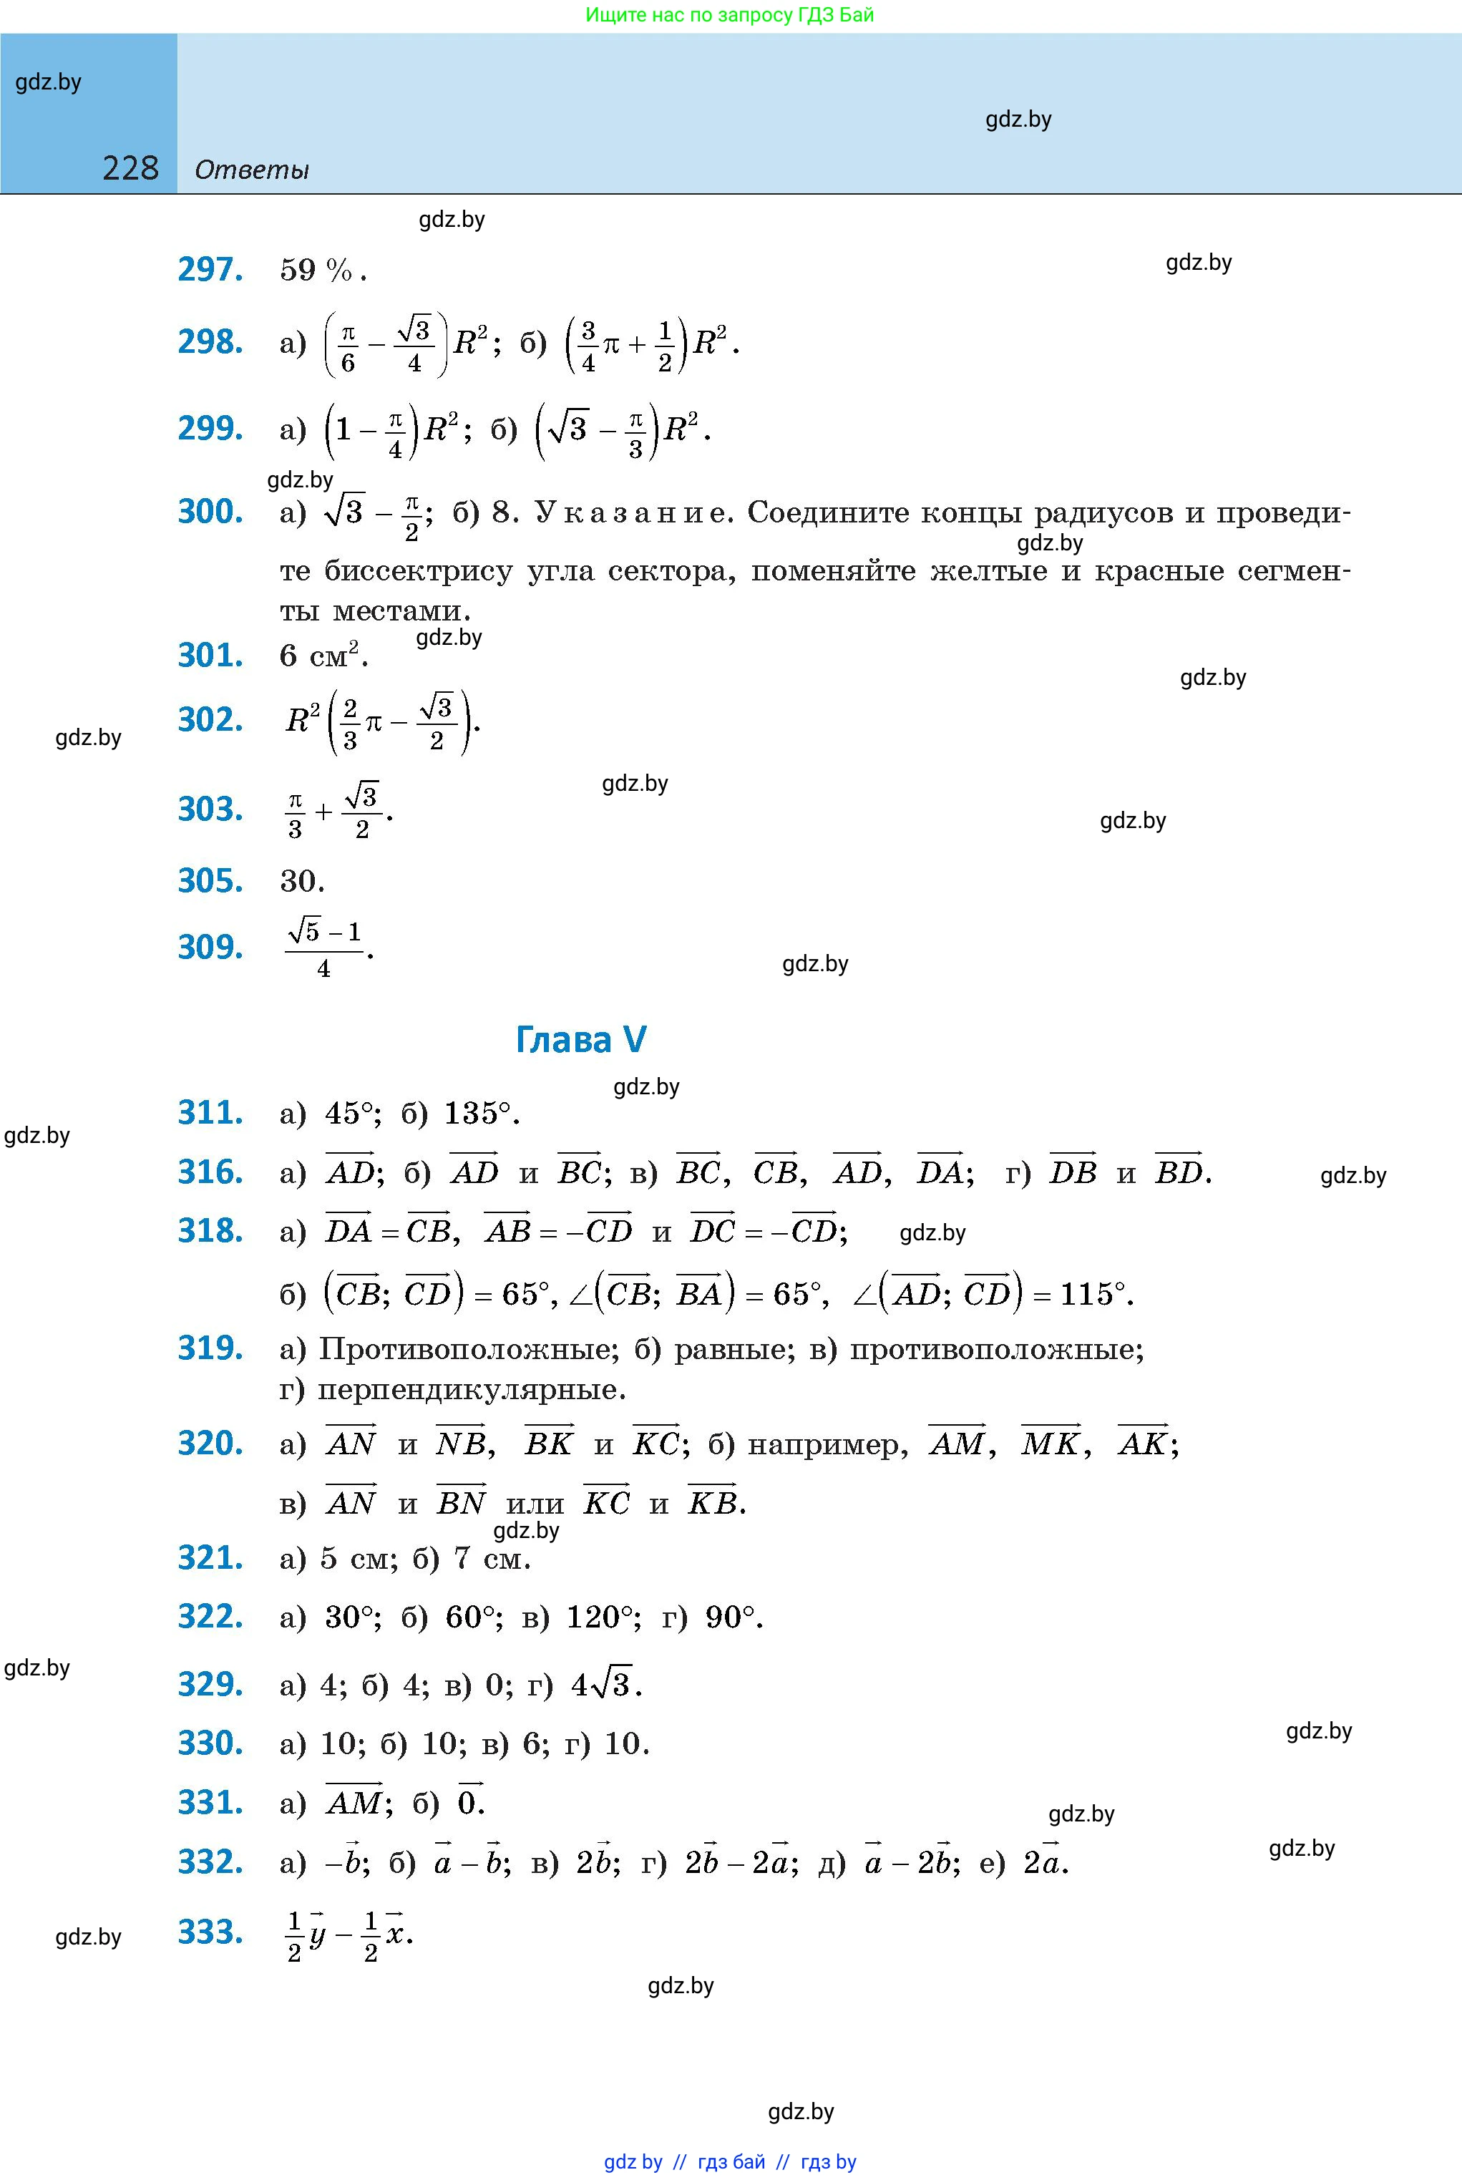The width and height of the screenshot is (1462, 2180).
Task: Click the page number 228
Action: (130, 168)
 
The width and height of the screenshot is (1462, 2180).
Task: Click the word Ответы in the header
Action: (252, 170)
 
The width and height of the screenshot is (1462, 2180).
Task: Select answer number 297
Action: (210, 270)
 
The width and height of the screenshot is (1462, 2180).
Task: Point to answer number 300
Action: (210, 511)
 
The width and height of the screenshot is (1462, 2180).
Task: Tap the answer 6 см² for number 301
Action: (323, 656)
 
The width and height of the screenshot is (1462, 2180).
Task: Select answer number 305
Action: (210, 880)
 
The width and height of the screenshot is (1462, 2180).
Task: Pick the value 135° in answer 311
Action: (478, 1114)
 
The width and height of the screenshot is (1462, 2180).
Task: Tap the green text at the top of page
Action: (730, 15)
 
